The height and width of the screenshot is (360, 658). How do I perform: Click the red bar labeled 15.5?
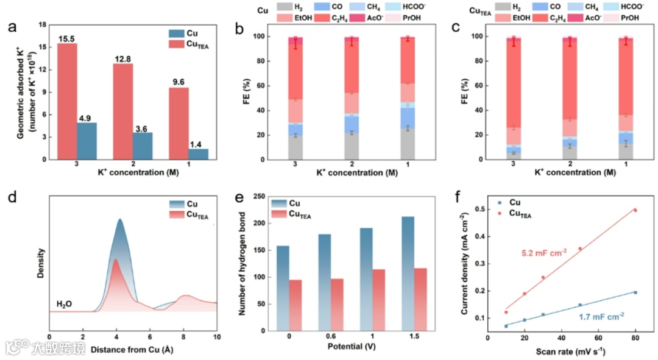pyautogui.click(x=68, y=101)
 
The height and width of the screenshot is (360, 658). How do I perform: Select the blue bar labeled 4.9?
pyautogui.click(x=87, y=141)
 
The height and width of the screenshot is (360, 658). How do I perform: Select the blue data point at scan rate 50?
pyautogui.click(x=580, y=305)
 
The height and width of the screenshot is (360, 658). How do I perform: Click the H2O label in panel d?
pyautogui.click(x=65, y=303)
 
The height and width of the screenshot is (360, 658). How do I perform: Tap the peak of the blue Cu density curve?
pyautogui.click(x=120, y=220)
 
